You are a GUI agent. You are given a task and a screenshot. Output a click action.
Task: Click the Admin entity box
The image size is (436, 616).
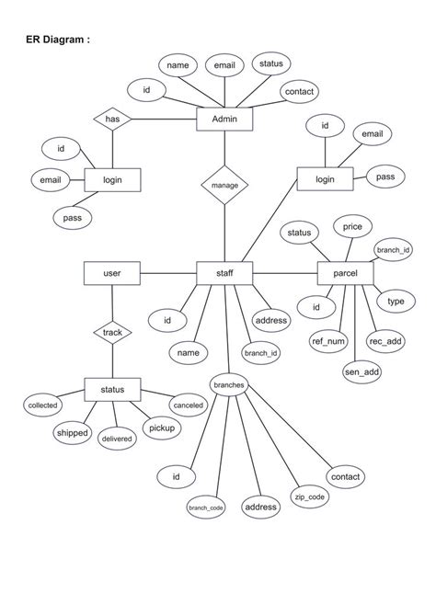[224, 120]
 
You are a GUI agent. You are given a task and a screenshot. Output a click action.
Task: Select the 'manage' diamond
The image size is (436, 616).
[224, 185]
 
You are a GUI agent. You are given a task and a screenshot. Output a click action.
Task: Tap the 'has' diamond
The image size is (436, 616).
[112, 119]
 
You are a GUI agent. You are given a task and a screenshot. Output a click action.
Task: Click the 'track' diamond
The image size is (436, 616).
[112, 331]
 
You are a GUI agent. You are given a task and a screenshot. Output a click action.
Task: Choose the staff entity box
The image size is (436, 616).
[224, 273]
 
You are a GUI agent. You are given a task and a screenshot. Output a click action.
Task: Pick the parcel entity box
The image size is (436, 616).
[345, 273]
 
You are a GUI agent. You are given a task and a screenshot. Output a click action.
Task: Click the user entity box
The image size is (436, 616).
[111, 273]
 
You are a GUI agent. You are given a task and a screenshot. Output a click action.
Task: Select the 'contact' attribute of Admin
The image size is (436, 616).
[299, 93]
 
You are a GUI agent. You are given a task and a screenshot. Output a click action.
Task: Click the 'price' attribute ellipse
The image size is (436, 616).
[351, 225]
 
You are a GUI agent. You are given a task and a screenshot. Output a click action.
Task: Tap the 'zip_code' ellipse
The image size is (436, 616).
[310, 497]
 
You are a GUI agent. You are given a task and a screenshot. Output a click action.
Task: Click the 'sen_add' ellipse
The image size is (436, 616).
[361, 371]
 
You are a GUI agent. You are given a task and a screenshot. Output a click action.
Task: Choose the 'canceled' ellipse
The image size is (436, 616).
[188, 405]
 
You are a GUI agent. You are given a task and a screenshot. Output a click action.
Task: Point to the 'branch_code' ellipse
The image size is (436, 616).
[206, 507]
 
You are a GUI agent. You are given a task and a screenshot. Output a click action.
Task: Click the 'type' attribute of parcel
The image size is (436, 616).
[396, 302]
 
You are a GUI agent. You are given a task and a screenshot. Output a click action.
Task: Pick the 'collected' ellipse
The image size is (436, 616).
[43, 405]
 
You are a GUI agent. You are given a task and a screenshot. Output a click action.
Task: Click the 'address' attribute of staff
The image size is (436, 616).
[271, 321]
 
